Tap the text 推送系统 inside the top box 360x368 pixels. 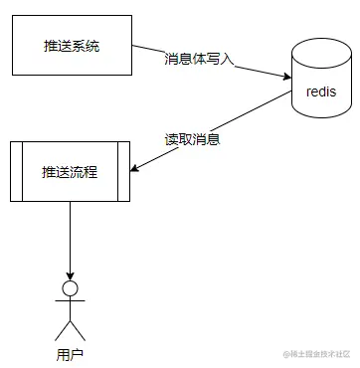pos(71,46)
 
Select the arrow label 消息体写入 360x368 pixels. pos(199,59)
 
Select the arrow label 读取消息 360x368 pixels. pos(192,139)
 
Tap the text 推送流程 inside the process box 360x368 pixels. pos(71,172)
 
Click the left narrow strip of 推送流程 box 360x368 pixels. pos(15,172)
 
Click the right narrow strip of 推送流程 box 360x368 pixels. pos(125,172)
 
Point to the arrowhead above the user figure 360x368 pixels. pos(71,275)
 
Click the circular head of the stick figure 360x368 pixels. pos(71,289)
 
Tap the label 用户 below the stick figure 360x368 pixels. pos(71,353)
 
